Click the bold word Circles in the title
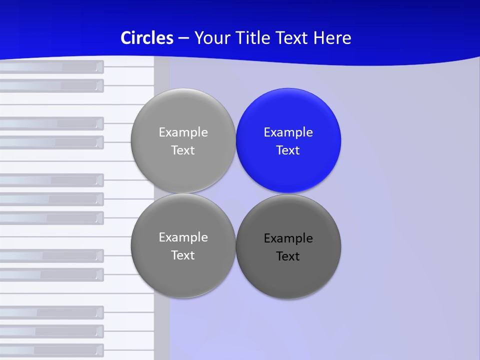pyautogui.click(x=147, y=38)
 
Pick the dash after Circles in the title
pyautogui.click(x=183, y=38)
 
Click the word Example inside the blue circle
pyautogui.click(x=288, y=132)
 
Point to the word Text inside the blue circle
pyautogui.click(x=288, y=150)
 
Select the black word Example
pyautogui.click(x=288, y=238)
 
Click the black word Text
pyautogui.click(x=288, y=256)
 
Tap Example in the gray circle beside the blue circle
pyautogui.click(x=183, y=132)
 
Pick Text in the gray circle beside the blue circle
pyautogui.click(x=183, y=150)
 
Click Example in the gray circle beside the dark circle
pyautogui.click(x=183, y=237)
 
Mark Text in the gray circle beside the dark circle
pyautogui.click(x=183, y=255)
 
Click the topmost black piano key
pyautogui.click(x=50, y=67)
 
